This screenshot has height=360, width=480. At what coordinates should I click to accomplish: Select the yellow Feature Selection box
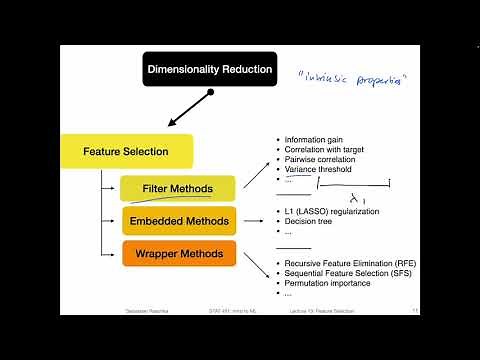125,152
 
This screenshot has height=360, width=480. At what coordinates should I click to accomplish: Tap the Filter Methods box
178,188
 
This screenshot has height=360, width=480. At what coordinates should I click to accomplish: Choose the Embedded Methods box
179,221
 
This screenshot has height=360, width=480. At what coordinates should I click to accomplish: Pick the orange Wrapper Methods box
179,253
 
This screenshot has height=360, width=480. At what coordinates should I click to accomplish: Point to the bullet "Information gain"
314,139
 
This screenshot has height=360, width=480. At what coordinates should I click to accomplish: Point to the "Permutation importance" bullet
328,283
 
